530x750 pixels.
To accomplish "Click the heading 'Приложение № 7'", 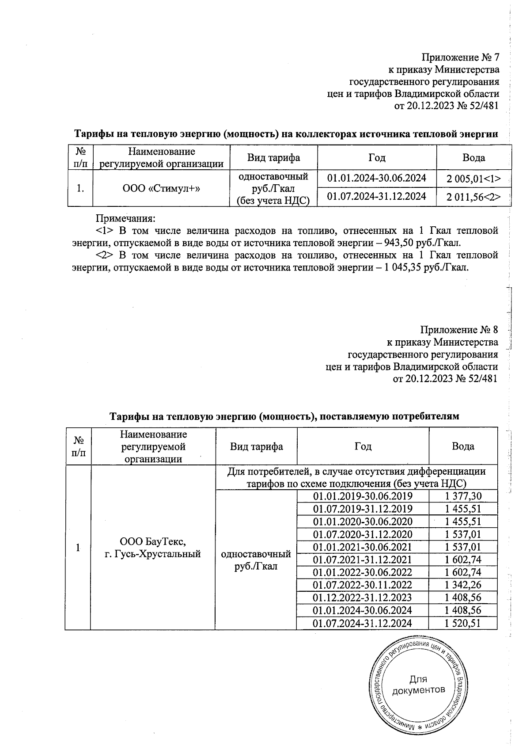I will tap(460, 57).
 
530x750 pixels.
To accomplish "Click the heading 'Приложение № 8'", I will tap(459, 330).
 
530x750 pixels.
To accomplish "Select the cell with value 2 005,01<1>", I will tap(473, 179).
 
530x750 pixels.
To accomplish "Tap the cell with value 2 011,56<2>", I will tap(473, 197).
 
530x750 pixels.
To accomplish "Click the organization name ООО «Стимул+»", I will tap(161, 188).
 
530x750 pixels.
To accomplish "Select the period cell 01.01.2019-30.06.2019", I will tap(362, 495).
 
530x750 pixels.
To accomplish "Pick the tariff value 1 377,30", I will tap(463, 495).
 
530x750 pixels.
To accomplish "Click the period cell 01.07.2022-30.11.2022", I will tap(362, 585).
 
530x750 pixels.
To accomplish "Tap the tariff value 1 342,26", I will tap(463, 585).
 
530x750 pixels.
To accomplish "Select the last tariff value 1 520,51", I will tap(463, 623).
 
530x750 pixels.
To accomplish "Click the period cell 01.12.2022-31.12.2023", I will tap(362, 598).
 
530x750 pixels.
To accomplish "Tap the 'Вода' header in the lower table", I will tap(463, 446).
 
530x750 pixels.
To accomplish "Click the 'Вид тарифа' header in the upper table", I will tap(273, 158).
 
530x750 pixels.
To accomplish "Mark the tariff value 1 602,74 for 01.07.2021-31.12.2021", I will tap(463, 560).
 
